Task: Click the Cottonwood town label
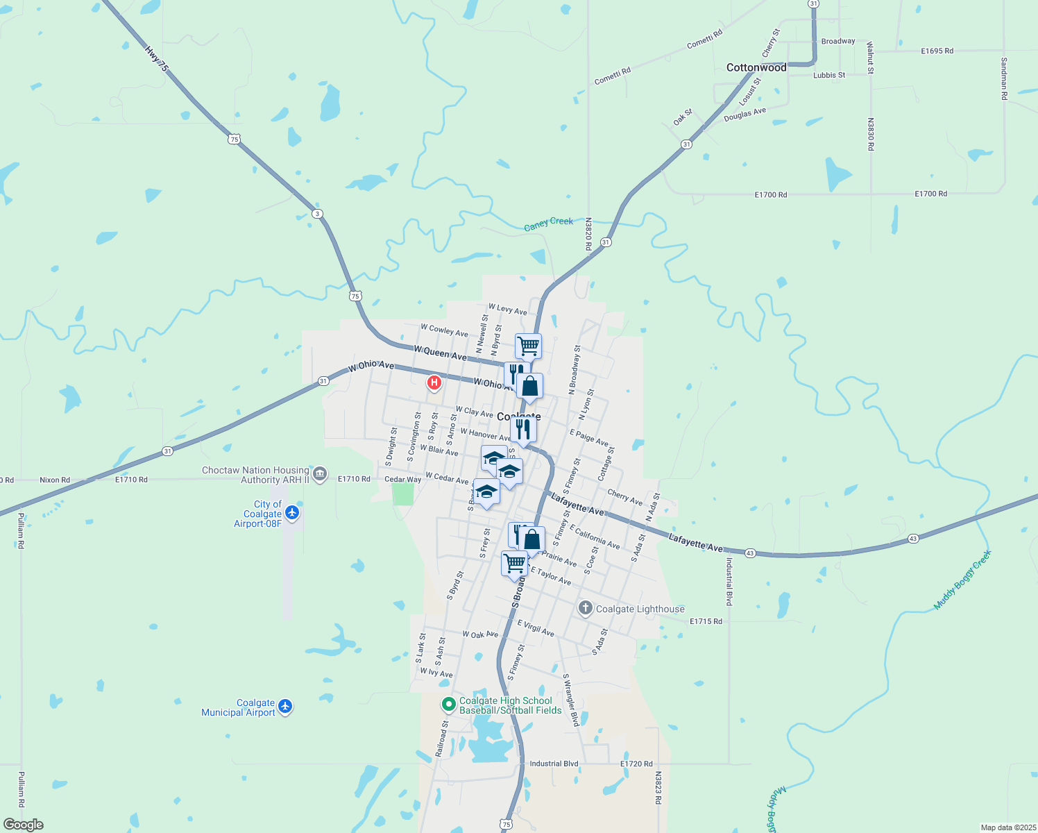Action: tap(756, 68)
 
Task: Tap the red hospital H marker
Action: tap(434, 382)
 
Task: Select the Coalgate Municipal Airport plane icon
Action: tap(284, 707)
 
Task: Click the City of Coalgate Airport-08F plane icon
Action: tap(292, 513)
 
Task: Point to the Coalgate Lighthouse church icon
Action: tap(586, 609)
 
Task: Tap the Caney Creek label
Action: tap(548, 224)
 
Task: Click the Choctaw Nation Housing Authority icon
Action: tap(320, 475)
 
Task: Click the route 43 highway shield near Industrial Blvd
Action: tap(750, 553)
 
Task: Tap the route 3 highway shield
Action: tap(317, 213)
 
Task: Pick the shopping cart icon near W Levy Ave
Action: tap(528, 345)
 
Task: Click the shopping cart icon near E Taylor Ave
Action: tap(514, 563)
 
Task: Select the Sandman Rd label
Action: tap(1003, 78)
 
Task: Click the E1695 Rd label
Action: tap(937, 51)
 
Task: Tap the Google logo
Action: tap(23, 825)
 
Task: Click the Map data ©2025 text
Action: tap(1007, 827)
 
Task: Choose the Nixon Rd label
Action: tap(55, 480)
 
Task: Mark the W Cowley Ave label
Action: tap(444, 330)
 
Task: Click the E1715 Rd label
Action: tap(706, 621)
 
